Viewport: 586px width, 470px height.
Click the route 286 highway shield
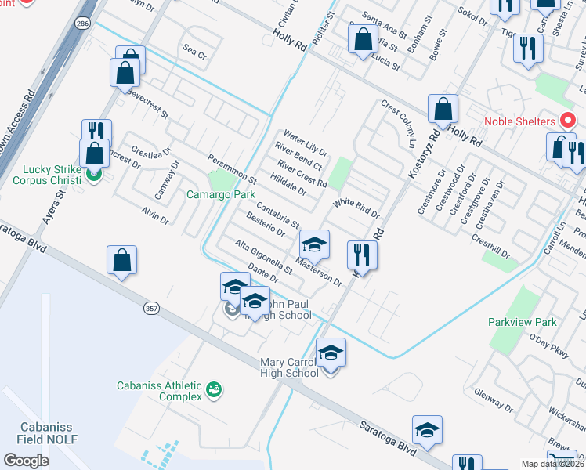click(82, 26)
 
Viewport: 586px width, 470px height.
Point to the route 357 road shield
click(151, 309)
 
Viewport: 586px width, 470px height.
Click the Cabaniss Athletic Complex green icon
click(212, 389)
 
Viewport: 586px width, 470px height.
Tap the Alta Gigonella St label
click(264, 258)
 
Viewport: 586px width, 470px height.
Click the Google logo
click(27, 461)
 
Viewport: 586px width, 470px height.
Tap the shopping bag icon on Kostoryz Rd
click(443, 109)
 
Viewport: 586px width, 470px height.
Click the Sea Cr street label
click(194, 55)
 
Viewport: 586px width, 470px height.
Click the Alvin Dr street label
click(155, 215)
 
